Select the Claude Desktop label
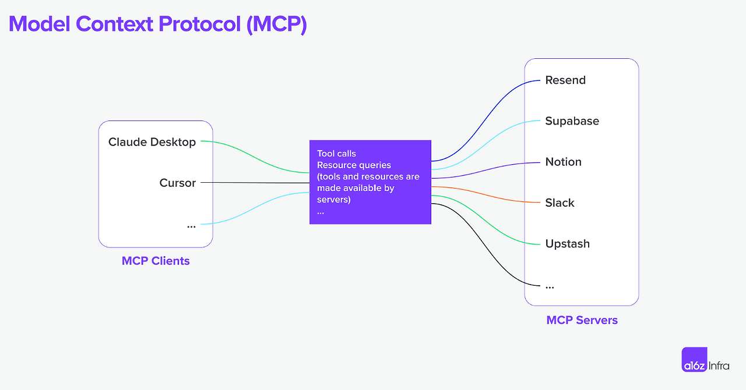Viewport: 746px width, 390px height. click(152, 142)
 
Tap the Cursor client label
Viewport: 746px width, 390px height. click(178, 183)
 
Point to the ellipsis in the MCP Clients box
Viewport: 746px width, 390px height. click(191, 225)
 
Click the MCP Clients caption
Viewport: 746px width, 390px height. click(156, 261)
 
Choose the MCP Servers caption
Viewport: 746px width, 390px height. click(582, 320)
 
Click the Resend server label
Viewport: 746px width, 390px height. click(565, 80)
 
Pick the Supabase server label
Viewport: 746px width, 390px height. click(572, 121)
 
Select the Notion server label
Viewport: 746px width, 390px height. click(563, 162)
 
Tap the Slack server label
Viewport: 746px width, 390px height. click(559, 203)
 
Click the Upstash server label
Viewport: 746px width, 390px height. click(567, 244)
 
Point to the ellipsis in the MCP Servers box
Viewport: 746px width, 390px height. click(550, 286)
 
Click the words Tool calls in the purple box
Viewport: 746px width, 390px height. click(336, 154)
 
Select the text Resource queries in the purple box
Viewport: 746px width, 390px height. click(354, 165)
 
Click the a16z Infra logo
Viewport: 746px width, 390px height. click(705, 360)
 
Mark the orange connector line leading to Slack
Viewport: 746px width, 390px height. click(490, 194)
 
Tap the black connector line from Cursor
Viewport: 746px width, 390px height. click(256, 183)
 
